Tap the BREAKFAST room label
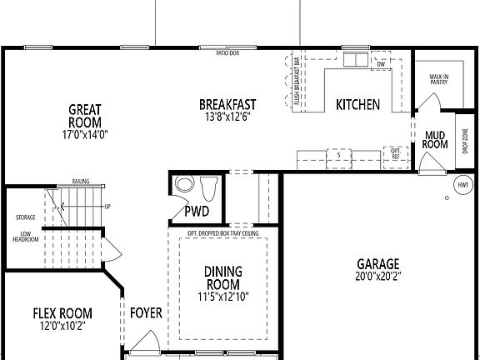tap(227, 104)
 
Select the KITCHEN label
tap(357, 105)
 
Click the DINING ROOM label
tap(223, 278)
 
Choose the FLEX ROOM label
tap(62, 313)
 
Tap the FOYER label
tap(146, 313)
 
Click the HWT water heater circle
tap(462, 184)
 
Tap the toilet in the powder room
tap(208, 187)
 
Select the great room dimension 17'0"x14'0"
tap(85, 134)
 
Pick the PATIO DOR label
tap(227, 52)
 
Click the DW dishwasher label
tap(381, 64)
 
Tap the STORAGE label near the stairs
tap(25, 217)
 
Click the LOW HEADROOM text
tap(25, 237)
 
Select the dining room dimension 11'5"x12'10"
tap(223, 296)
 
